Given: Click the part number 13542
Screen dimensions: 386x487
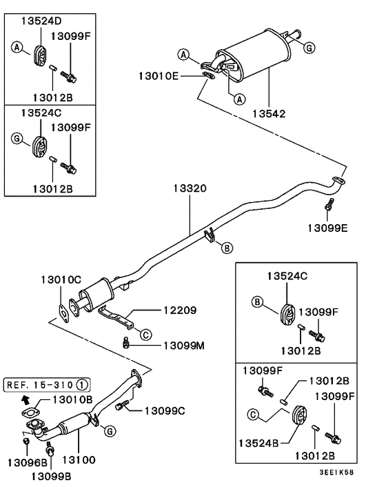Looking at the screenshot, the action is coord(269,114).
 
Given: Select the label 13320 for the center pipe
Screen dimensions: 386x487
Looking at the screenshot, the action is coord(190,188).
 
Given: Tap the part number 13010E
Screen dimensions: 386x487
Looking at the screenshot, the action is coord(159,76).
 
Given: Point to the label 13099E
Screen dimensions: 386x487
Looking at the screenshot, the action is coord(327,228).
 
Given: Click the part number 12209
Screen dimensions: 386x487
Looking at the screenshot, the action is coord(180,310).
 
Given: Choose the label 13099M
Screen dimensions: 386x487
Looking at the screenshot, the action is coord(184,346).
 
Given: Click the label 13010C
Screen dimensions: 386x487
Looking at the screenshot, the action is coord(61,280).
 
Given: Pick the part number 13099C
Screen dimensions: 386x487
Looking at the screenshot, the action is coord(165,411).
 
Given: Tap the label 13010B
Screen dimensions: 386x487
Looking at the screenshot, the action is coord(72,399).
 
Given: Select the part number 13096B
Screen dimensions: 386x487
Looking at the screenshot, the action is coord(28,463).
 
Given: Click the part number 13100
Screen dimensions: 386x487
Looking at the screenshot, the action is coord(79,460).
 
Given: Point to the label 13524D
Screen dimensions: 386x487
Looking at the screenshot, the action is coord(41,21).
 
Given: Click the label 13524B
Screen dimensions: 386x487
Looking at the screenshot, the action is coord(258,444).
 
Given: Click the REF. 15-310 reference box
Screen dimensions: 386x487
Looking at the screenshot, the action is coord(47,385).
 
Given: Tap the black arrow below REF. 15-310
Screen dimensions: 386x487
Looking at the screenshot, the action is coord(25,399).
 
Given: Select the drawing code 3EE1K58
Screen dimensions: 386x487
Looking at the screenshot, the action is coord(336,473).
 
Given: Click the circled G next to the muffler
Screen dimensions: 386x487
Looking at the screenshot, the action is coord(309,48).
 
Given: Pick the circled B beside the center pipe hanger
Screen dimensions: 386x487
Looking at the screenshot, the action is coord(227,248).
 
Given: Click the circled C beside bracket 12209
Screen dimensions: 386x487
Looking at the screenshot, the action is coord(146,335).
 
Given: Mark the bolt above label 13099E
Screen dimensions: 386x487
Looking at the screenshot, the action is coord(329,205).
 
